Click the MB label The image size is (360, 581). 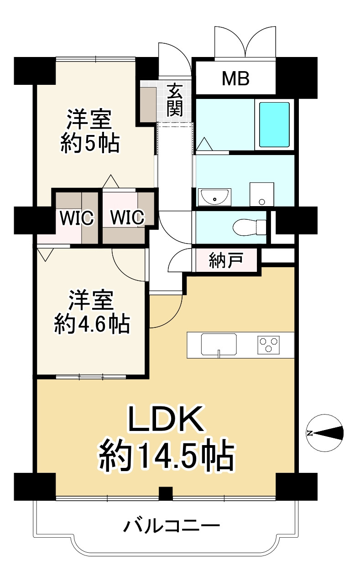click(235, 78)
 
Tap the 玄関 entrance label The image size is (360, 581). click(175, 100)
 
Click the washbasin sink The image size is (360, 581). click(214, 197)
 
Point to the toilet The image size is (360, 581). click(250, 227)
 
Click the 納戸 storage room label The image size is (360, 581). click(226, 260)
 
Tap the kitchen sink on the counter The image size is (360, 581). click(219, 344)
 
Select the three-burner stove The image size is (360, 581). click(268, 345)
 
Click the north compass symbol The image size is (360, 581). click(325, 433)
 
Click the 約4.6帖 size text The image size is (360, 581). click(92, 324)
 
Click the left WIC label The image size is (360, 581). click(77, 218)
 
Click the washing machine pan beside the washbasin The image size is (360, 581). click(261, 194)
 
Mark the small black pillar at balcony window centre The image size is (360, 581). click(166, 493)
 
